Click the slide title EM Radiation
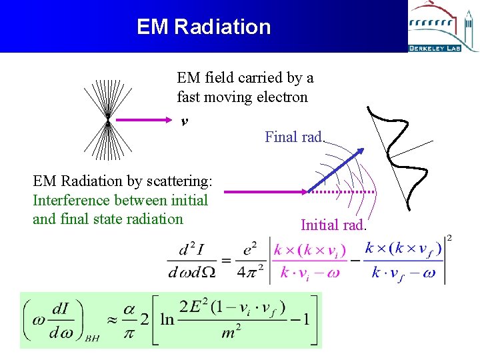click(x=203, y=27)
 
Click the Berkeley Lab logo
click(x=443, y=27)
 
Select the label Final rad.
click(x=294, y=137)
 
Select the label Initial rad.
click(x=333, y=225)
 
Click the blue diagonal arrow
click(x=335, y=169)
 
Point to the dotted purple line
click(x=343, y=192)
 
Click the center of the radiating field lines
click(x=108, y=121)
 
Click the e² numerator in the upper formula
click(x=250, y=249)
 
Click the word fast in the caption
click(x=189, y=97)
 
